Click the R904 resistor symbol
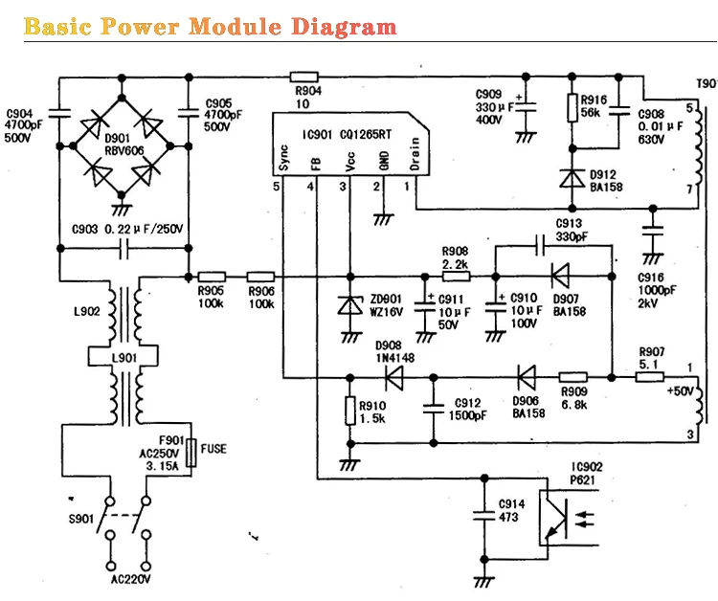[x=304, y=76]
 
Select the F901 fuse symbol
[x=192, y=452]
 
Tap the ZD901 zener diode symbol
[x=348, y=305]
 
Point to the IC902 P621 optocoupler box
[x=555, y=520]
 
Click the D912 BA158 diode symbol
[x=572, y=179]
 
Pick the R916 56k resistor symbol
[x=572, y=108]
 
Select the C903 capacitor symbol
[x=123, y=251]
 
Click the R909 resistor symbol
[x=572, y=377]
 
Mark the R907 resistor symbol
[x=650, y=377]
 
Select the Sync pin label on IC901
[x=283, y=158]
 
